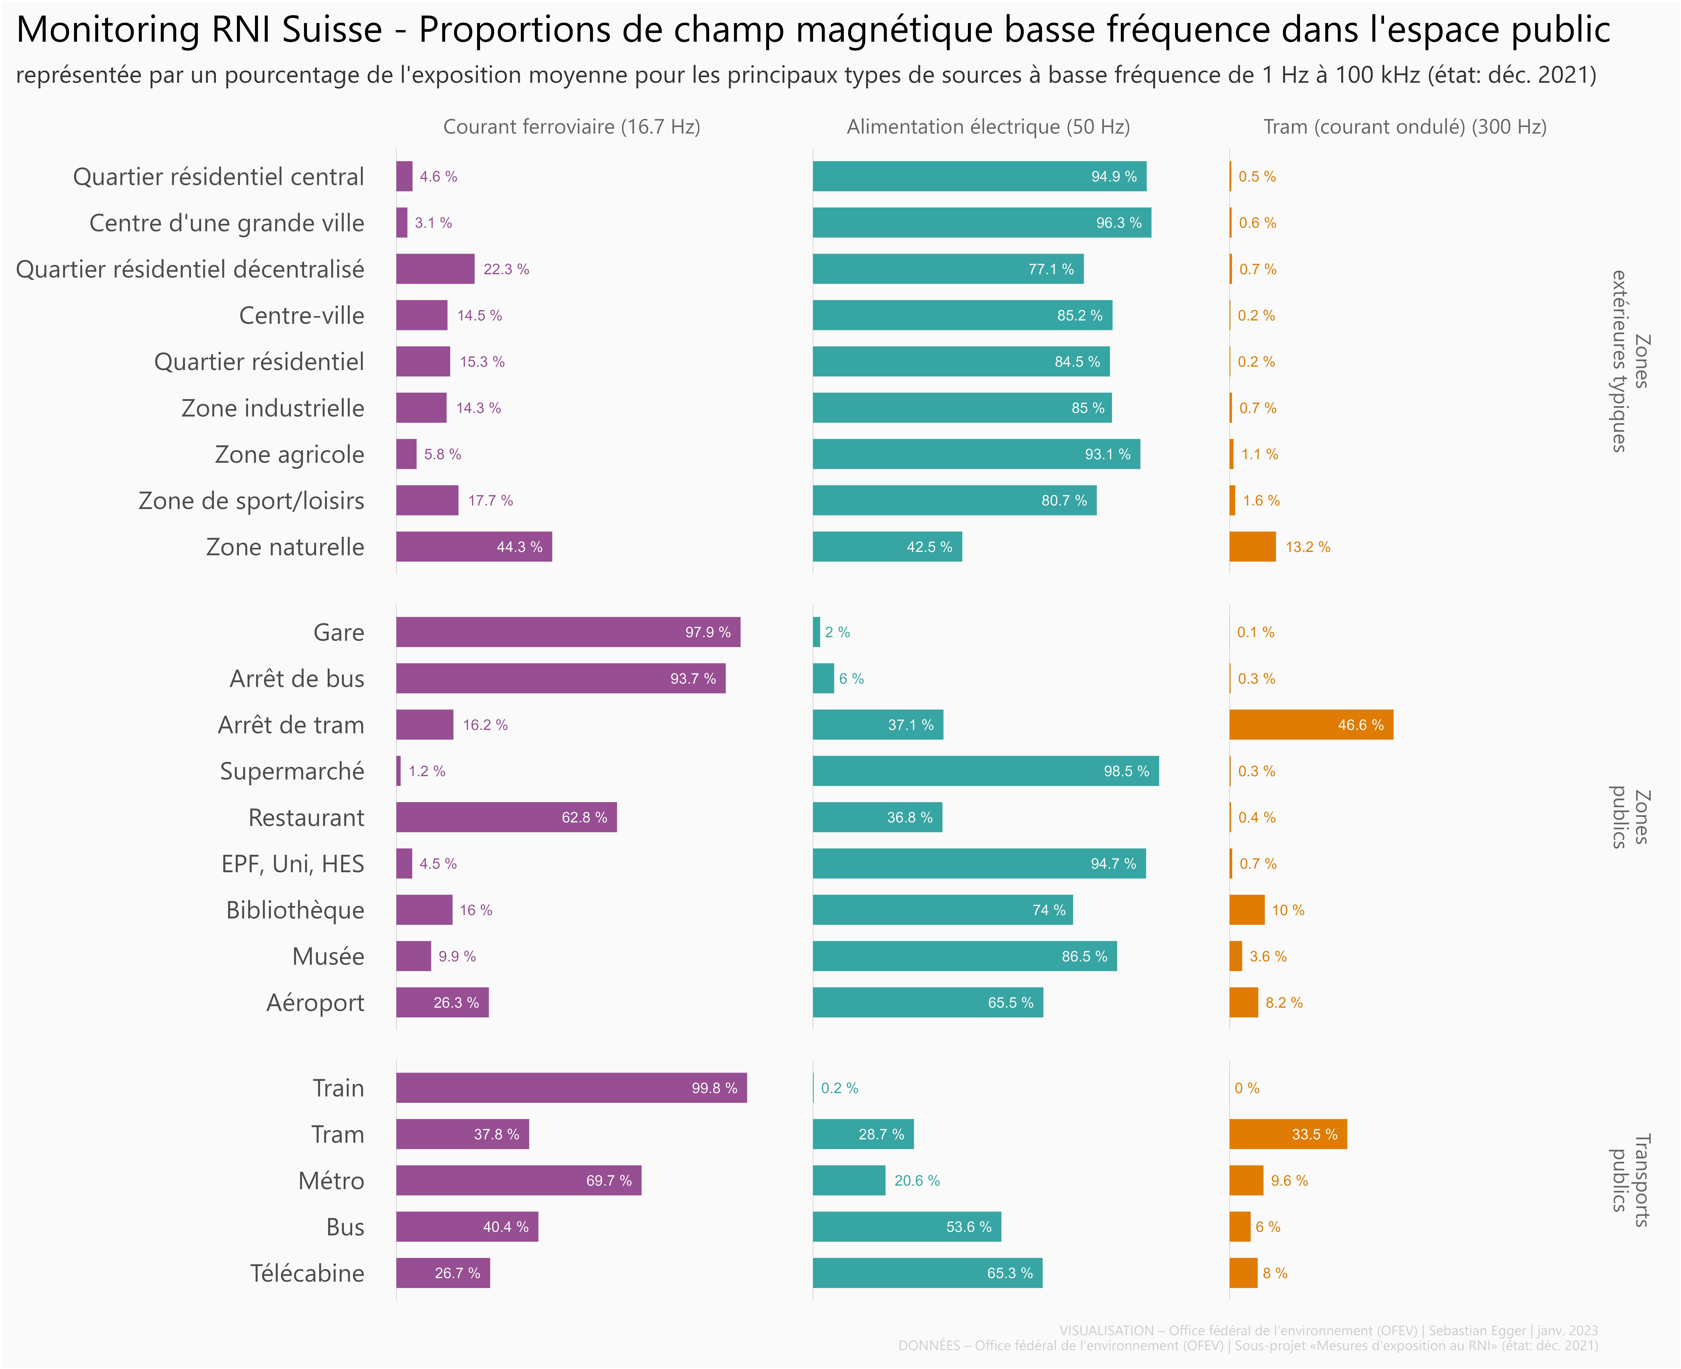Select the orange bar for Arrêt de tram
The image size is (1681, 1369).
pyautogui.click(x=1311, y=725)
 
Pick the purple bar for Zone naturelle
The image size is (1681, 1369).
pyautogui.click(x=473, y=547)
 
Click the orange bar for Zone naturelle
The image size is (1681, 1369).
pyautogui.click(x=1252, y=547)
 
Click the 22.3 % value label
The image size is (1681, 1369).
pyautogui.click(x=506, y=269)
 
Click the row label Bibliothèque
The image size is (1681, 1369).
pyautogui.click(x=295, y=910)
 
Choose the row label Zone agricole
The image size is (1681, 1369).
pyautogui.click(x=290, y=454)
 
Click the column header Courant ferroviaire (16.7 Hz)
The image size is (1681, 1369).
pyautogui.click(x=571, y=127)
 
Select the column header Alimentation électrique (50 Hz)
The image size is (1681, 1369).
pyautogui.click(x=988, y=127)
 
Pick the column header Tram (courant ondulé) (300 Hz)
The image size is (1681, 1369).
pyautogui.click(x=1404, y=127)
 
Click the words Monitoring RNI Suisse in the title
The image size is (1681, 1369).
pyautogui.click(x=199, y=30)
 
